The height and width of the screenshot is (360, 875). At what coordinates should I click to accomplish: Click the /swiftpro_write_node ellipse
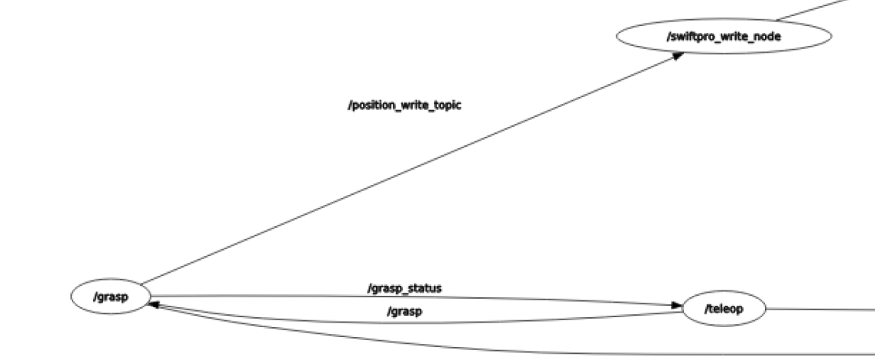723,36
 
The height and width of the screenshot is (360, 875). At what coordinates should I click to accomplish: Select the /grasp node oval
110,297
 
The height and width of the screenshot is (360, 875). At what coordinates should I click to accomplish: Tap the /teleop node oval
723,309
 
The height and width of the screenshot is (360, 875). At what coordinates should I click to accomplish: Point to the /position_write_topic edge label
404,105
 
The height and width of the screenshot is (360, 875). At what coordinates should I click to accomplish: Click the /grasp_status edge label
405,288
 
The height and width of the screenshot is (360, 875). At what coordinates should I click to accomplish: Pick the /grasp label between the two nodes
405,311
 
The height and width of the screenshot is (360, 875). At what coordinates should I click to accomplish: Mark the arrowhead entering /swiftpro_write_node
677,56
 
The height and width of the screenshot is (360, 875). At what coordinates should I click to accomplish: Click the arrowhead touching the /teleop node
676,306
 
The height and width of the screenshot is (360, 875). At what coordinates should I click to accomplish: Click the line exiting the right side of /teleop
818,309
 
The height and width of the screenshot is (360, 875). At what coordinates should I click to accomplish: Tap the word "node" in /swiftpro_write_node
767,36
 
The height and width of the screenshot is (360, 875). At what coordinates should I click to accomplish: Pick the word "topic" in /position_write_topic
446,105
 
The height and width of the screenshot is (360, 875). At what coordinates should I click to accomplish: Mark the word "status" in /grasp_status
425,288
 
